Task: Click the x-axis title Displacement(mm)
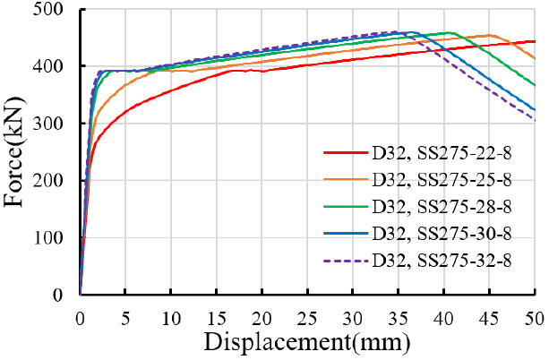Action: point(306,342)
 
